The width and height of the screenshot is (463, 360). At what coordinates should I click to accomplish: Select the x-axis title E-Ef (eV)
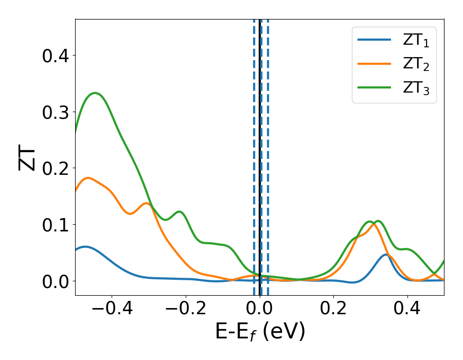pyautogui.click(x=260, y=332)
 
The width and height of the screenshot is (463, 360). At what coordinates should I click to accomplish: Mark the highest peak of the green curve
pyautogui.click(x=95, y=93)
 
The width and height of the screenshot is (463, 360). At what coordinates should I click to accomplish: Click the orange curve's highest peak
pyautogui.click(x=88, y=178)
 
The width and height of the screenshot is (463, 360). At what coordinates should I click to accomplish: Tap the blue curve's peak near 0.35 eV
pyautogui.click(x=386, y=255)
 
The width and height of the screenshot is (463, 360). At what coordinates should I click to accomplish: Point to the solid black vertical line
pyautogui.click(x=260, y=154)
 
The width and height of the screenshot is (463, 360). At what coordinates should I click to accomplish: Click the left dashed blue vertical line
pyautogui.click(x=254, y=154)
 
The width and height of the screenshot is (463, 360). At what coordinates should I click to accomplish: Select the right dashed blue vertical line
pyautogui.click(x=268, y=154)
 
